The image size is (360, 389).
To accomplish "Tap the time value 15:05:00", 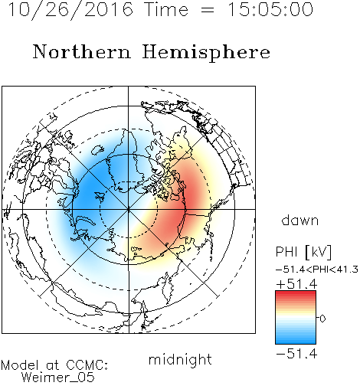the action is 270,10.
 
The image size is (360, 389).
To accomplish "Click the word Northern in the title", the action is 82,51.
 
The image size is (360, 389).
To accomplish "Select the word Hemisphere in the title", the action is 206,53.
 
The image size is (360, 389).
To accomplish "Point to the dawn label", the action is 300,220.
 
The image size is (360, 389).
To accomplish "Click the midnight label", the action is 180,359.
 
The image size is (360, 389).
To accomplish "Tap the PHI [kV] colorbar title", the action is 303,252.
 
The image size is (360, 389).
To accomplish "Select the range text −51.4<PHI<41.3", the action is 317,270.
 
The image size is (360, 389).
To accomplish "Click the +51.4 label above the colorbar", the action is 296,284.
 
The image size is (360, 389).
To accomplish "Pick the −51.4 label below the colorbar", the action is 296,354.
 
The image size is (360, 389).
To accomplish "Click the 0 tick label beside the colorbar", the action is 322,319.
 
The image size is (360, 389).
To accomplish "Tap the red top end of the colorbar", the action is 296,293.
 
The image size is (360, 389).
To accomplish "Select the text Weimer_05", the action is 58,378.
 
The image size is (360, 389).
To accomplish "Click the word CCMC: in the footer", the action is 87,365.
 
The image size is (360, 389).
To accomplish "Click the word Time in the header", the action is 166,10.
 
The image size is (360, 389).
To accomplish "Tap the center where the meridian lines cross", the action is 129,209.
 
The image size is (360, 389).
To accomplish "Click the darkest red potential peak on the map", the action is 191,194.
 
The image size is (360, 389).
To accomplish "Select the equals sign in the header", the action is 208,10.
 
